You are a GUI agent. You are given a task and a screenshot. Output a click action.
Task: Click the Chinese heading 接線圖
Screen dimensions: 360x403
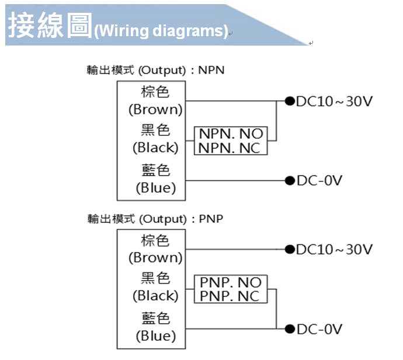pyautogui.click(x=50, y=26)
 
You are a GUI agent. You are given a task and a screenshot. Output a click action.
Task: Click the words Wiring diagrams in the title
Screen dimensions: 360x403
pyautogui.click(x=161, y=30)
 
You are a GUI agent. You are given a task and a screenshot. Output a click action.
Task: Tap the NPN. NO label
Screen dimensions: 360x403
pyautogui.click(x=231, y=134)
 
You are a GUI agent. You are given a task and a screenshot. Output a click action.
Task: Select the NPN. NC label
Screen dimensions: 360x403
pyautogui.click(x=231, y=148)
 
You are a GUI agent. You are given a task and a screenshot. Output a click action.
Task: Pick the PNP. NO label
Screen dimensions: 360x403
pyautogui.click(x=231, y=283)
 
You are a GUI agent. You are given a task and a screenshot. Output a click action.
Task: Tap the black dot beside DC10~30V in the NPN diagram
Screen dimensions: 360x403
pyautogui.click(x=289, y=101)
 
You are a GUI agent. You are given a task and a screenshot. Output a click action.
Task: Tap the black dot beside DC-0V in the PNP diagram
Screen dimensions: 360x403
pyautogui.click(x=289, y=329)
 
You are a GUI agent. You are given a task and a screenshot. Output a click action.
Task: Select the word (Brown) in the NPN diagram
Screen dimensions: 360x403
pyautogui.click(x=155, y=109)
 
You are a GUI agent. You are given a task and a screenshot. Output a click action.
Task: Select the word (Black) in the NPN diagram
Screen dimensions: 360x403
pyautogui.click(x=155, y=147)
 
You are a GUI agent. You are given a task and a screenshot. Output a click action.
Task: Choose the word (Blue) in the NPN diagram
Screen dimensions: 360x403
pyautogui.click(x=155, y=188)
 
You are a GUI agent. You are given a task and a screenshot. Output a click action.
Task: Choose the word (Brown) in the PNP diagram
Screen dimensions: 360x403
pyautogui.click(x=155, y=257)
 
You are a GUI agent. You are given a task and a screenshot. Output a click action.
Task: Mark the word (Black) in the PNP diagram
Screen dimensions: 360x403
pyautogui.click(x=155, y=296)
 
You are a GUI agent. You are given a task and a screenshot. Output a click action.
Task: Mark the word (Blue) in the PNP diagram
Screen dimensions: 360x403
pyautogui.click(x=155, y=336)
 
